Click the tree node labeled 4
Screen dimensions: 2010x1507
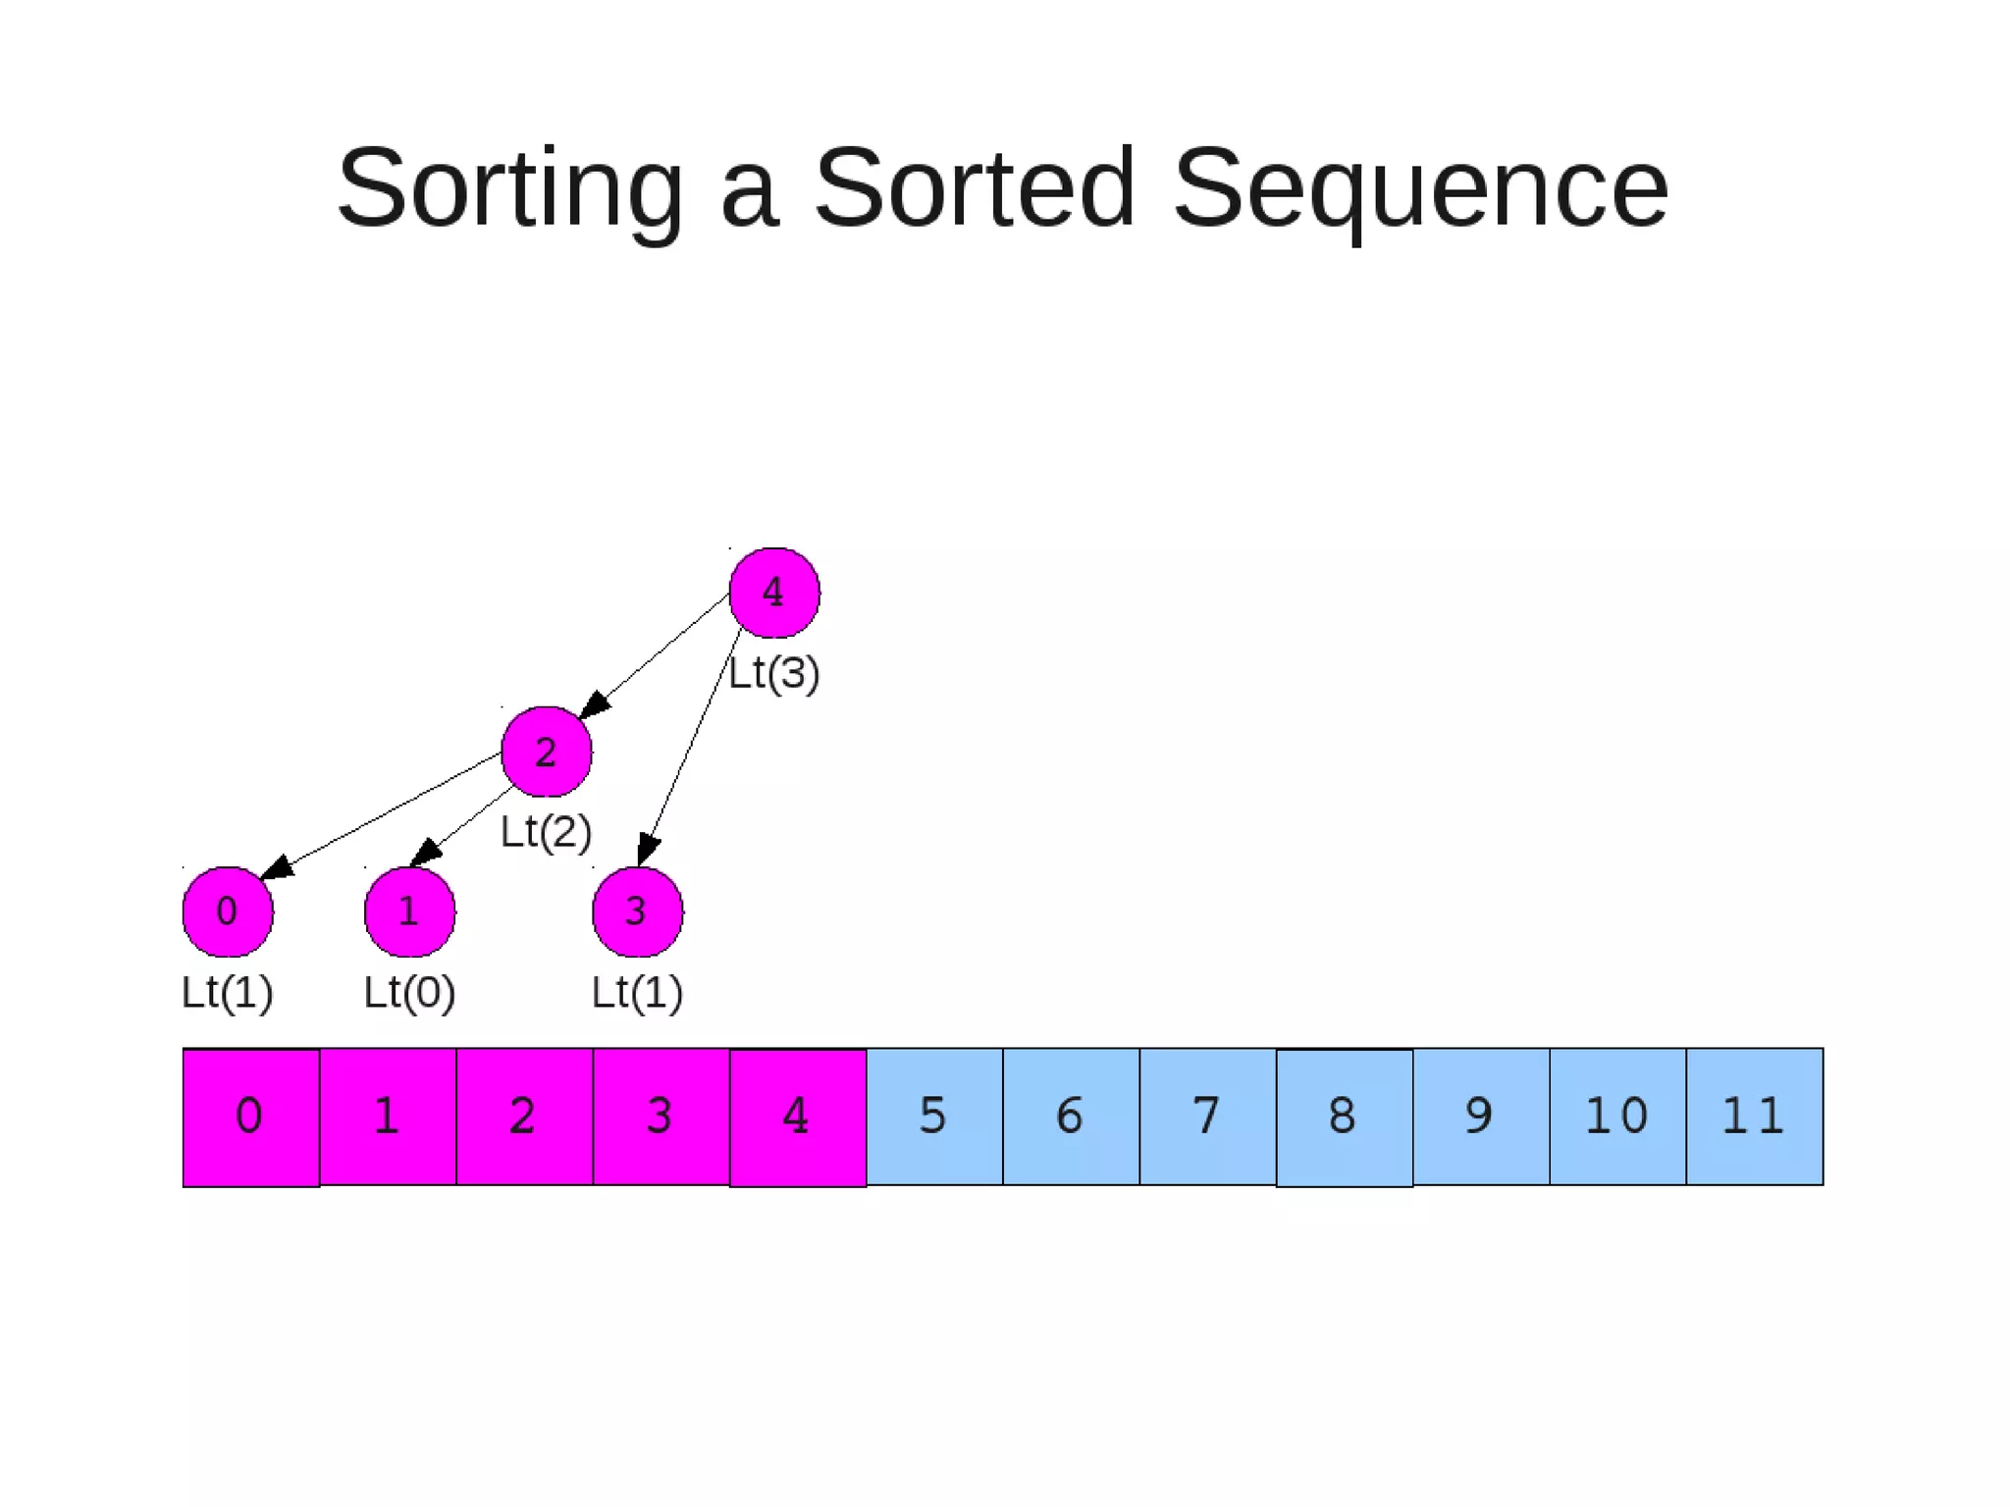click(x=774, y=593)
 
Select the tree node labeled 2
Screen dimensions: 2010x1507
click(x=547, y=752)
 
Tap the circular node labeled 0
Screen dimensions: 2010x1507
click(x=228, y=911)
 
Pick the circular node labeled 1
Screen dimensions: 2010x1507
click(x=409, y=911)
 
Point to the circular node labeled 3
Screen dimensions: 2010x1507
click(x=637, y=911)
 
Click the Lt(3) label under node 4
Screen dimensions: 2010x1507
click(x=774, y=673)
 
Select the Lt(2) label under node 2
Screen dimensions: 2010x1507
click(x=547, y=832)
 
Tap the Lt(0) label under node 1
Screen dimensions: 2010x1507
click(x=409, y=992)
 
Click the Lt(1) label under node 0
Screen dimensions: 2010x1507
click(x=228, y=992)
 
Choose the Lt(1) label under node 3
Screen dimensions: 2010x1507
click(x=637, y=992)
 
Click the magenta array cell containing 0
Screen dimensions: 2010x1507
click(x=251, y=1117)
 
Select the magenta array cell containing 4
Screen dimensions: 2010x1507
click(x=798, y=1117)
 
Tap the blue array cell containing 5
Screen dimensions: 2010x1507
click(x=934, y=1117)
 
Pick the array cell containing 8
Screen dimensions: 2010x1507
click(x=1345, y=1117)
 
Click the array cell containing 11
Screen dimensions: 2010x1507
click(x=1755, y=1117)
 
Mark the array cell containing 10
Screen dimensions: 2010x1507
click(x=1617, y=1117)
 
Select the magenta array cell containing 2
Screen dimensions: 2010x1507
click(x=524, y=1117)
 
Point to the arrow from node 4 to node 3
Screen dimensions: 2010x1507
click(x=693, y=746)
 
